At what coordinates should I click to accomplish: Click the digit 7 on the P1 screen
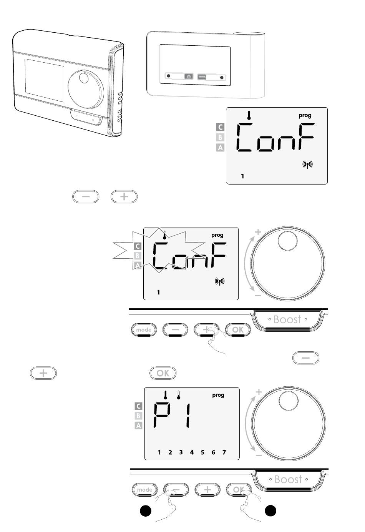coord(224,452)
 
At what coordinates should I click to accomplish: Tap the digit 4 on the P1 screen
coord(192,452)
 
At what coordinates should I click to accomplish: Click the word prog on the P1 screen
coord(218,395)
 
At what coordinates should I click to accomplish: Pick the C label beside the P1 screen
coord(138,406)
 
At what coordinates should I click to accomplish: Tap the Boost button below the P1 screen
coord(288,479)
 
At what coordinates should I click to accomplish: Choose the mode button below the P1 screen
coord(145,489)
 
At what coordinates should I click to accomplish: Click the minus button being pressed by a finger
coord(176,489)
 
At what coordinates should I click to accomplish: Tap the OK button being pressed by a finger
coord(239,489)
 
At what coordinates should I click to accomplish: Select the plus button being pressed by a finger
coord(206,330)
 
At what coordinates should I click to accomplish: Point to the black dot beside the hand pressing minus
coord(146,510)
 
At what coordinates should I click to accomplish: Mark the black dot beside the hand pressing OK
coord(270,510)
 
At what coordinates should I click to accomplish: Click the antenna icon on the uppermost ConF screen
coord(307,165)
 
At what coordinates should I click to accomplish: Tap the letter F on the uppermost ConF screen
coord(306,136)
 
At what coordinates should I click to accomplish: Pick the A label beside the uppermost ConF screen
coord(220,148)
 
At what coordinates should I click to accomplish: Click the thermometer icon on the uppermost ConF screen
coord(249,115)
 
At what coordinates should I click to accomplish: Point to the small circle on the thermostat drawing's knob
coord(84,78)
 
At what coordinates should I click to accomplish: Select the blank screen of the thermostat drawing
coord(45,80)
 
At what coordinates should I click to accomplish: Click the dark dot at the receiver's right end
coord(222,78)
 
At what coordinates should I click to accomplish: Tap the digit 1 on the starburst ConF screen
coord(159,293)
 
